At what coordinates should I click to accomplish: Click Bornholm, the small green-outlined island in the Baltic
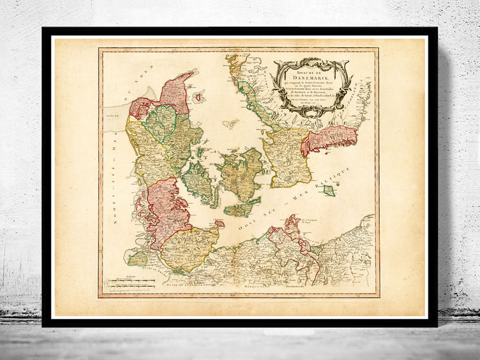(x=328, y=190)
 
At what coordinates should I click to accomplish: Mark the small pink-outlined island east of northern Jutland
(x=230, y=124)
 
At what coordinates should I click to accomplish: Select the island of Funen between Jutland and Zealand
(x=197, y=180)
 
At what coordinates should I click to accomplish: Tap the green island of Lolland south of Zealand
(x=241, y=209)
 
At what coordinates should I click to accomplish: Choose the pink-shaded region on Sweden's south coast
(x=329, y=139)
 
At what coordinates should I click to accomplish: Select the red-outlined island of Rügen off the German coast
(x=292, y=227)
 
